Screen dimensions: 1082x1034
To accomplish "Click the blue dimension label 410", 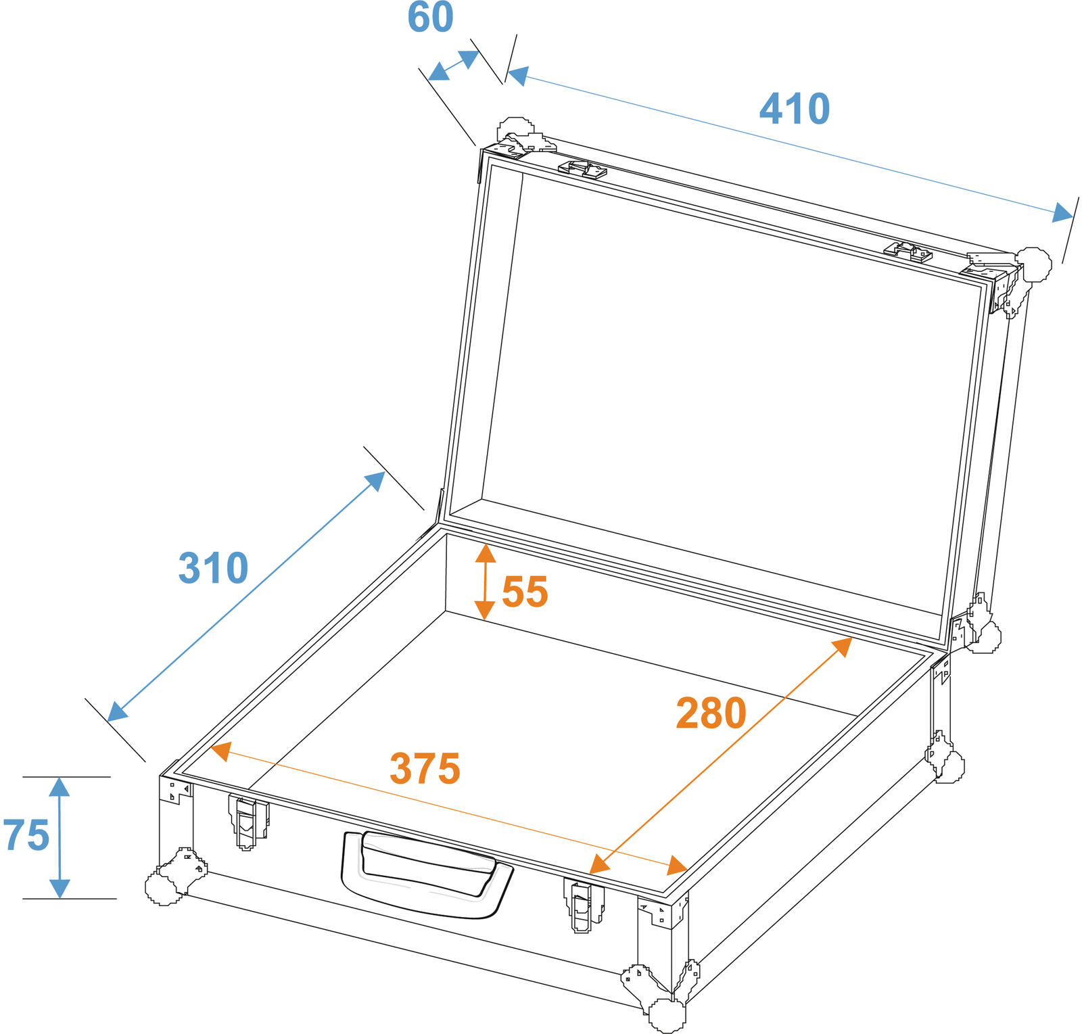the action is [795, 109].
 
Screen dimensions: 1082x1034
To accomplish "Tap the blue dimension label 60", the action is [430, 17].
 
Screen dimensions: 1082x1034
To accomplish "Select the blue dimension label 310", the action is [213, 568].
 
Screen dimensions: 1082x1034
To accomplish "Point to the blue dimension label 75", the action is [26, 835].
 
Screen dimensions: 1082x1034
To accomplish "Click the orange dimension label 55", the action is [525, 592].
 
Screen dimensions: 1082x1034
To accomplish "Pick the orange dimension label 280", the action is [711, 713].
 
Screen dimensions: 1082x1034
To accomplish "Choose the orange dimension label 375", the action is [425, 769].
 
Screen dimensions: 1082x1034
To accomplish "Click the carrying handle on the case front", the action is [427, 874].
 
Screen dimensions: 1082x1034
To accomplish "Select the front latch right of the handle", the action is [584, 905].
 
